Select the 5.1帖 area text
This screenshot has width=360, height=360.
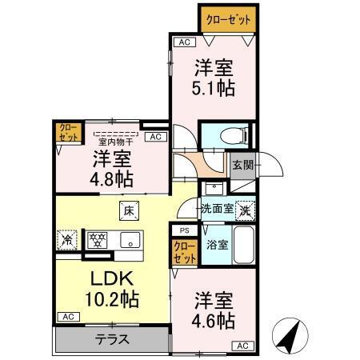[x=214, y=88]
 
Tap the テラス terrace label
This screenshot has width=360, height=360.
[x=113, y=338]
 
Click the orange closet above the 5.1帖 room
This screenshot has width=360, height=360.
[x=228, y=18]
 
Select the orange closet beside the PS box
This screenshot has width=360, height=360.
[x=184, y=252]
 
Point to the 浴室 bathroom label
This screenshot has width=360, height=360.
[x=217, y=245]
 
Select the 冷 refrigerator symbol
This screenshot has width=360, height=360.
[x=67, y=238]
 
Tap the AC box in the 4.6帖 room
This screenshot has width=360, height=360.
[x=242, y=346]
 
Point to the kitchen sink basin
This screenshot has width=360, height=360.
[x=128, y=238]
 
